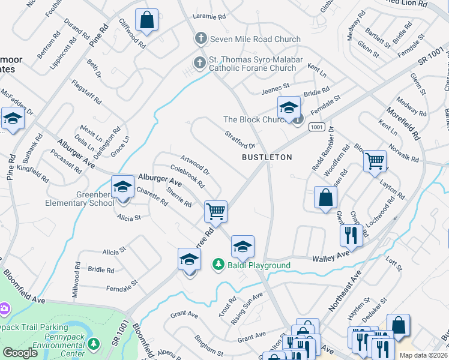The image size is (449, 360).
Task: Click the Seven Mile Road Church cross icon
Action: click(x=200, y=39)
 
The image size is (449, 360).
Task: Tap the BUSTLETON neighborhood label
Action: click(x=267, y=157)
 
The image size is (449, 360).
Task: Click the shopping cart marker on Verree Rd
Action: click(x=215, y=211)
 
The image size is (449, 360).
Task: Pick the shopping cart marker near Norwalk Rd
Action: click(x=375, y=160)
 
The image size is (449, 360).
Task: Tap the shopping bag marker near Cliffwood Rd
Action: click(x=146, y=20)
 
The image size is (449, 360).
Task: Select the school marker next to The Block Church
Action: click(x=289, y=108)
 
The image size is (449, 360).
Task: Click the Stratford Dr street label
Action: click(x=240, y=141)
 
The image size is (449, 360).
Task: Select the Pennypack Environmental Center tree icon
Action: click(x=93, y=343)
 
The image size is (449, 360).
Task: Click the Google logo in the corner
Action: click(x=20, y=353)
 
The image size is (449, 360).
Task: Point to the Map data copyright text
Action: click(x=423, y=355)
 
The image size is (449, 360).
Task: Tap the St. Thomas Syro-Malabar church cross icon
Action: click(x=200, y=61)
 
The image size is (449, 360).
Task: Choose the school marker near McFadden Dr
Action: click(x=13, y=118)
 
